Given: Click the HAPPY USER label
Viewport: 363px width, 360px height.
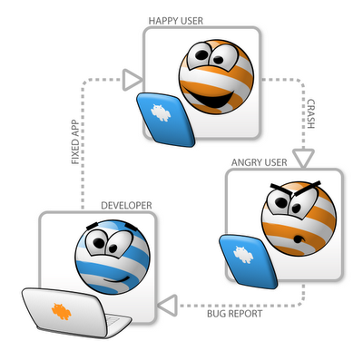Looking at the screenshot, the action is pos(176,21).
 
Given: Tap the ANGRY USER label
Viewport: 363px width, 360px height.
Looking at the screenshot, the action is pos(260,162).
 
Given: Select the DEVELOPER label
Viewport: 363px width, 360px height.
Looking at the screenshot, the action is pos(126,206).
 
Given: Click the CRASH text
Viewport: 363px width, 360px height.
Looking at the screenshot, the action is pos(310,114).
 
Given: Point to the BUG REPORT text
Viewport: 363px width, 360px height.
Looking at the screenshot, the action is pos(234,314).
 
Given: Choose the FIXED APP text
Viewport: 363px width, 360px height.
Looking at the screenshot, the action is pos(75,142).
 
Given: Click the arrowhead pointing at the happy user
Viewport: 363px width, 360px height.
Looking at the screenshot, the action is pos(132,80).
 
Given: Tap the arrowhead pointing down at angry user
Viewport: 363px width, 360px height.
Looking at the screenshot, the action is pos(303,159).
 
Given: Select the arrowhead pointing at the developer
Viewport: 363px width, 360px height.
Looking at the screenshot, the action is pos(167,306).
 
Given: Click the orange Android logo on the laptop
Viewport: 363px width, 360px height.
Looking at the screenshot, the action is pos(62,311).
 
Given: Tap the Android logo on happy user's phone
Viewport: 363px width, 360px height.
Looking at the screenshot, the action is pos(161,113).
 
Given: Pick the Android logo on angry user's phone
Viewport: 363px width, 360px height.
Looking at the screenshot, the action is pos(243,255).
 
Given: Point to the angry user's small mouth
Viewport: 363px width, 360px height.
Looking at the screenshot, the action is pos(299,239).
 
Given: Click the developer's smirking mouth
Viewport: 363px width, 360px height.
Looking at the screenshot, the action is pos(117,279).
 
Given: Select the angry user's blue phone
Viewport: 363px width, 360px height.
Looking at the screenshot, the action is pos(248,261).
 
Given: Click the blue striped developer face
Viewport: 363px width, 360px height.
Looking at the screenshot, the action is pos(113,257).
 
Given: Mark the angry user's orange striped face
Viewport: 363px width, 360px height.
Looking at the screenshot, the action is pos(299,219).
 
